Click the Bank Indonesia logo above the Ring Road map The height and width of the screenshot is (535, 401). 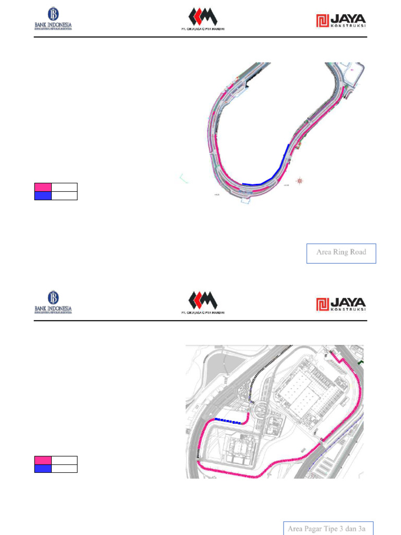pyautogui.click(x=53, y=20)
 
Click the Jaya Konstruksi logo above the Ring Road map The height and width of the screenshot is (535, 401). pyautogui.click(x=341, y=20)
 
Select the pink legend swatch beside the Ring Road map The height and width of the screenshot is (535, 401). pyautogui.click(x=43, y=187)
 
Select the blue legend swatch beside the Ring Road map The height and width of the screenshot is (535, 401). pyautogui.click(x=43, y=196)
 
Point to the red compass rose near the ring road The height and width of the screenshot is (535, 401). pyautogui.click(x=300, y=181)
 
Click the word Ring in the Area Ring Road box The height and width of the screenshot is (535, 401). pyautogui.click(x=340, y=252)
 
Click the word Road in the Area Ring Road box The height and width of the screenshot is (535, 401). pyautogui.click(x=358, y=252)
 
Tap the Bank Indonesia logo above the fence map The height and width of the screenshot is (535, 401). pyautogui.click(x=53, y=302)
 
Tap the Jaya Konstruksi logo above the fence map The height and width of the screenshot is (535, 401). pyautogui.click(x=341, y=304)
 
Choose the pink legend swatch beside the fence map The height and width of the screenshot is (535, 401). pyautogui.click(x=43, y=460)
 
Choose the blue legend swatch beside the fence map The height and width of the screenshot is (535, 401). pyautogui.click(x=43, y=469)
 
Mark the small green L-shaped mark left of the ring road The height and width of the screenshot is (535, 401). pyautogui.click(x=183, y=179)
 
